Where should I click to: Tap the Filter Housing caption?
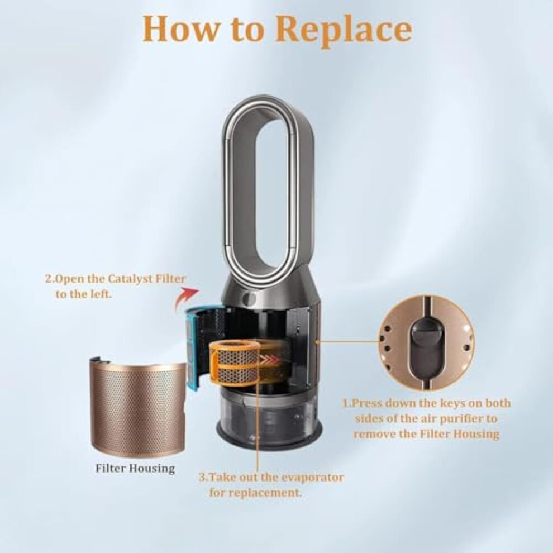(135, 468)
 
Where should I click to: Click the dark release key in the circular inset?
(425, 349)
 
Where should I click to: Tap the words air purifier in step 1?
(437, 419)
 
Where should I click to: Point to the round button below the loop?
(249, 298)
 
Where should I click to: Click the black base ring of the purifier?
(269, 437)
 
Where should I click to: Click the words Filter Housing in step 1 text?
(459, 434)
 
